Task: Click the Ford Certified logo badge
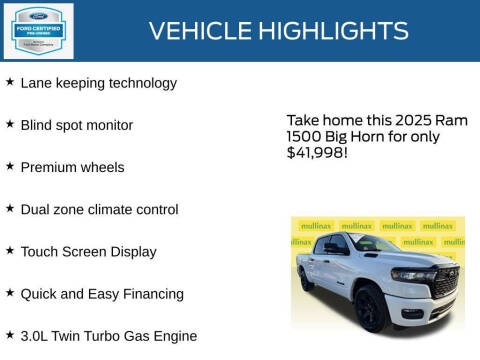pyautogui.click(x=39, y=30)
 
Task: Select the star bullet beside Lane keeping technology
pyautogui.click(x=10, y=82)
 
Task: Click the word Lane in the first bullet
pyautogui.click(x=40, y=83)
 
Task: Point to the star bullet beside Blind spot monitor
pyautogui.click(x=10, y=124)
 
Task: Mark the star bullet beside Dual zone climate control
pyautogui.click(x=10, y=208)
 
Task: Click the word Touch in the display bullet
pyautogui.click(x=42, y=252)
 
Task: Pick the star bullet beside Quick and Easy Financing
pyautogui.click(x=10, y=293)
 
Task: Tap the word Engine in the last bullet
pyautogui.click(x=171, y=336)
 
